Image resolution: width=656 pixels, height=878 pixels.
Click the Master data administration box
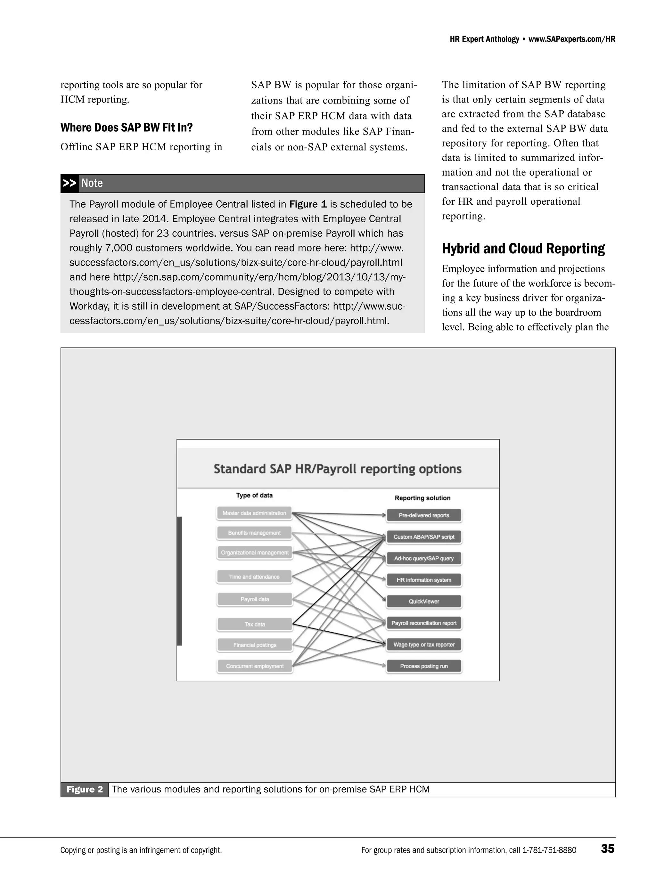(x=254, y=513)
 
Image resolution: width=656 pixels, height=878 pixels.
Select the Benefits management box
(x=254, y=533)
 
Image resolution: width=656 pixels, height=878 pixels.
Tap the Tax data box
(x=254, y=624)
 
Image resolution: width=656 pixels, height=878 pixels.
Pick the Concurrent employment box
(x=254, y=666)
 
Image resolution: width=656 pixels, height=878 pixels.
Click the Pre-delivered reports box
(x=423, y=515)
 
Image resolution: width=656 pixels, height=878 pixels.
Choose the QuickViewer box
(x=423, y=601)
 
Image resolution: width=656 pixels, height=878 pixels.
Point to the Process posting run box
(x=423, y=666)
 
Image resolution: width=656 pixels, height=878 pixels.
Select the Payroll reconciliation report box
(x=423, y=623)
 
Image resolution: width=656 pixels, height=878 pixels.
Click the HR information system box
(x=423, y=580)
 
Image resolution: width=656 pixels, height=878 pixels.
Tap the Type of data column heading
(x=254, y=495)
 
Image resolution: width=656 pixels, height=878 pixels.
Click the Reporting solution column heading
(x=422, y=498)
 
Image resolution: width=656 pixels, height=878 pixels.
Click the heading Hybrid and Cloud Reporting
(x=523, y=249)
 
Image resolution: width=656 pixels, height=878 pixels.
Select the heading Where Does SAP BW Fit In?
(x=126, y=127)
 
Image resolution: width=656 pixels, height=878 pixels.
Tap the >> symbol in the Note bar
(x=70, y=183)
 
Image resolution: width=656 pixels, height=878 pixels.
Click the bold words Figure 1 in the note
(x=307, y=204)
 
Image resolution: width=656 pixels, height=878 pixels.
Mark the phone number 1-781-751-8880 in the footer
(x=549, y=850)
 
